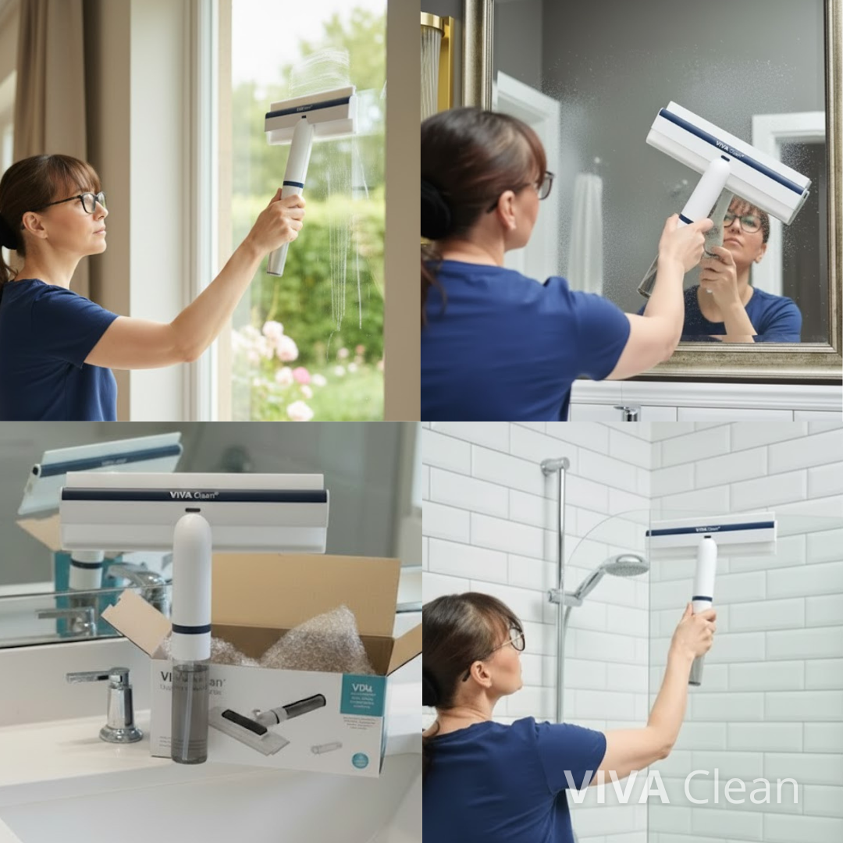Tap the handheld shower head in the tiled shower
click(625, 566)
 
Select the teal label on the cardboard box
click(363, 694)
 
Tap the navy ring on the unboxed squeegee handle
click(191, 628)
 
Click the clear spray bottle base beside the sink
click(190, 714)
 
